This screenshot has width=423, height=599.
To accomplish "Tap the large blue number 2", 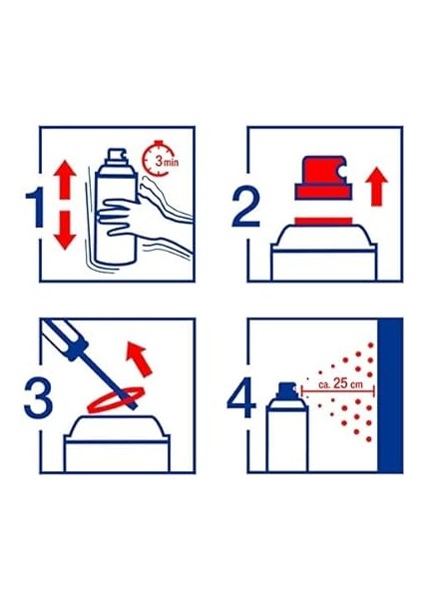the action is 246,207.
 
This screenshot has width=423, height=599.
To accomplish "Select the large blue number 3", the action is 38,397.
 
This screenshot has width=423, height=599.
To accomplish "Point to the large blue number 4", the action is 241,397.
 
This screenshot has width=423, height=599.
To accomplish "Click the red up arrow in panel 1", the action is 65,179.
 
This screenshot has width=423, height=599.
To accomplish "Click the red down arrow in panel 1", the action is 65,231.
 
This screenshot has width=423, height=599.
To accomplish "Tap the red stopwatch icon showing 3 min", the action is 156,159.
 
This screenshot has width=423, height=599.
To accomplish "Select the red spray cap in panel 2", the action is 323,178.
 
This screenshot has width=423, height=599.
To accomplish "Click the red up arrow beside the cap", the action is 376,187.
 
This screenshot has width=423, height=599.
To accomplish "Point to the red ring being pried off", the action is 116,400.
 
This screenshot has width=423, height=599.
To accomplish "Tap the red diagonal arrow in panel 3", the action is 140,358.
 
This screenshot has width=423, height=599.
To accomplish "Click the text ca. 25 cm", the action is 341,383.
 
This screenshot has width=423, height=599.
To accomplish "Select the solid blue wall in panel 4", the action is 390,395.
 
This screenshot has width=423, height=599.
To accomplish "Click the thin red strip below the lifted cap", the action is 323,221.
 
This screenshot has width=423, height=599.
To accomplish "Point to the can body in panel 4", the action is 287,438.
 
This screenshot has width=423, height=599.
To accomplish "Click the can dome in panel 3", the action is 117,426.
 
